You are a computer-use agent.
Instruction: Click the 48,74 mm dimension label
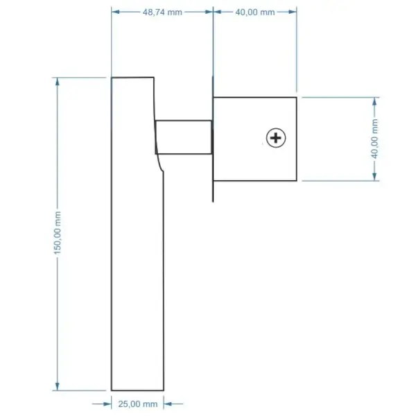pos(162,12)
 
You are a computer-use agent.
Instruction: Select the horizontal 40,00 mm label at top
pos(255,12)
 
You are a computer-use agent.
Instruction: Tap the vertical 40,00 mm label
pos(374,139)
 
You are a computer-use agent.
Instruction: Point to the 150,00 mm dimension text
pos(58,232)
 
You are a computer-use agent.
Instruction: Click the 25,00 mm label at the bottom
pos(138,404)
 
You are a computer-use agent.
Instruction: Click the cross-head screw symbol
pos(276,138)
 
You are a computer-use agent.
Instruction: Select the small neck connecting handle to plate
pos(184,137)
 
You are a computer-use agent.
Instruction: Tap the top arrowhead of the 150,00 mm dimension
pos(58,82)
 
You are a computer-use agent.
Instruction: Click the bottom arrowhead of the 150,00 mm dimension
pos(58,386)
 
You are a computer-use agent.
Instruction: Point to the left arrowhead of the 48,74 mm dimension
pos(116,12)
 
